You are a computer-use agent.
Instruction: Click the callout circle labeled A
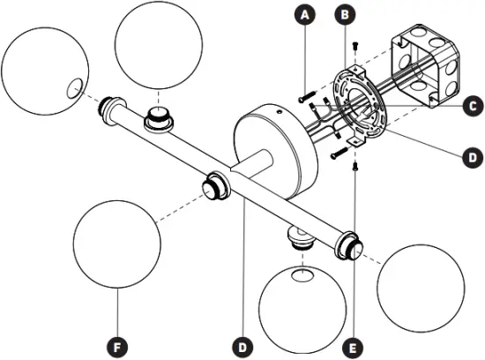[x=305, y=15]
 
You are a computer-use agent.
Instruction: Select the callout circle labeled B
[x=347, y=15]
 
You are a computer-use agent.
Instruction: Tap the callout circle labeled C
[x=472, y=106]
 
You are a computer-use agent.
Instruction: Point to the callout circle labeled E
[x=354, y=345]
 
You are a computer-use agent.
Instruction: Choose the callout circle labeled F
[x=116, y=345]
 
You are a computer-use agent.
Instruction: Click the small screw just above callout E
[x=354, y=164]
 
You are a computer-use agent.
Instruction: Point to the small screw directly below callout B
[x=354, y=45]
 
